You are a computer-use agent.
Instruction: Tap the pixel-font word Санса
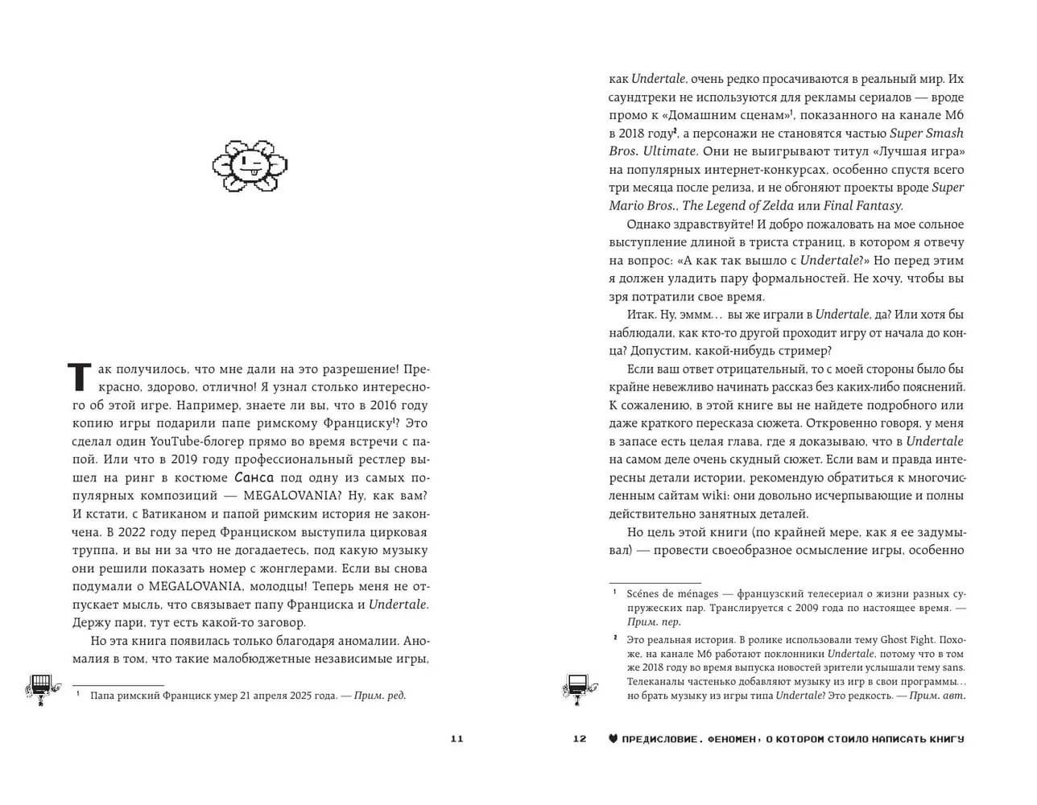[x=252, y=477]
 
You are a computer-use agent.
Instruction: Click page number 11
[x=457, y=739]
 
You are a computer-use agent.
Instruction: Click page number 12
[x=580, y=739]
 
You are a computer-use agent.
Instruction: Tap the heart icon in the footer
[x=613, y=739]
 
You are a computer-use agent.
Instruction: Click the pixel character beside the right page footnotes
[x=578, y=687]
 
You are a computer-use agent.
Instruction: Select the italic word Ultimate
[x=670, y=151]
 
